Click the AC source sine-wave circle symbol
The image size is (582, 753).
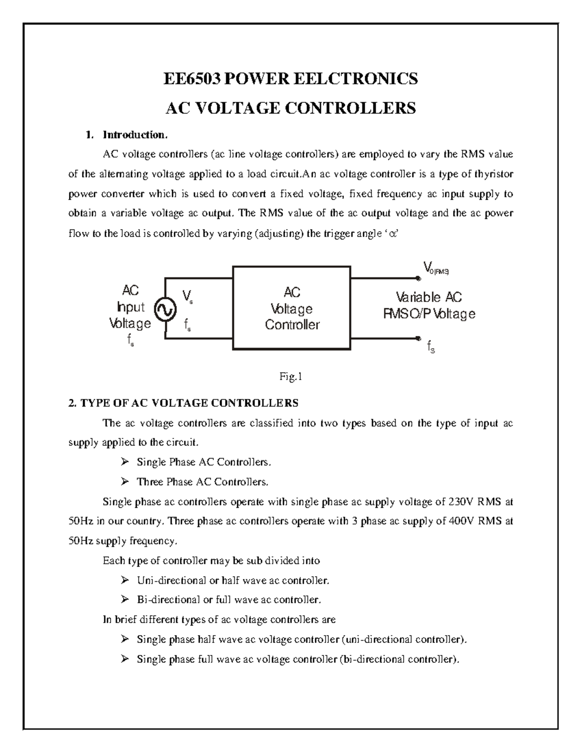(x=165, y=308)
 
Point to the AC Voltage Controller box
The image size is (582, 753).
(x=292, y=308)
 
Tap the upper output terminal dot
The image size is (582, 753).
(x=418, y=278)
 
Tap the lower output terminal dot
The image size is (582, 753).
(x=418, y=338)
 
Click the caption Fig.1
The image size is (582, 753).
(x=291, y=377)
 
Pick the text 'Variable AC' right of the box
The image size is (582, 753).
(x=429, y=297)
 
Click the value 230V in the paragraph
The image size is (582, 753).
(x=460, y=502)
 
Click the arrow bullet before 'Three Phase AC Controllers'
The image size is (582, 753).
(x=125, y=481)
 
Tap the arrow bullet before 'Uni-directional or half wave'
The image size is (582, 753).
(x=125, y=580)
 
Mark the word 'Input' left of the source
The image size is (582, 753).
(x=131, y=307)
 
